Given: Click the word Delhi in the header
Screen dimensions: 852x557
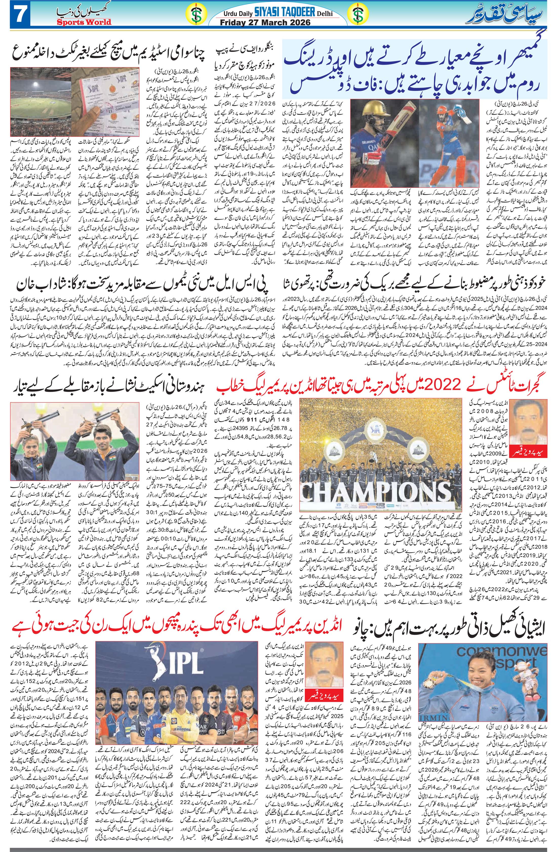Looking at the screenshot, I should pyautogui.click(x=324, y=14).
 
